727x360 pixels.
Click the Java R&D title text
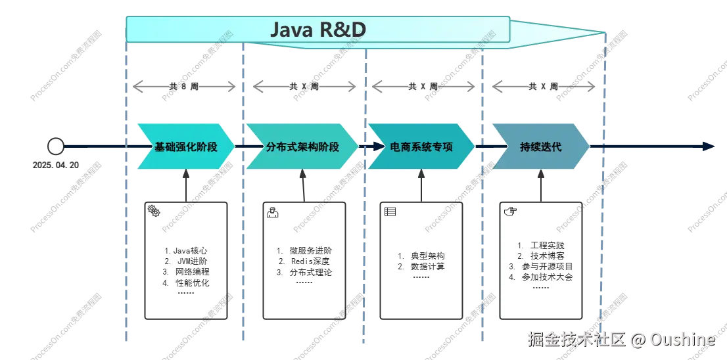pos(318,30)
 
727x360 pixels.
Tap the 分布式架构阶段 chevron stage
pos(302,146)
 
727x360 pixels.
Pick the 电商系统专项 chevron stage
pos(421,146)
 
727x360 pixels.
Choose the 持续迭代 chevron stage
pos(540,146)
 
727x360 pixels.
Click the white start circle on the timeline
pos(56,146)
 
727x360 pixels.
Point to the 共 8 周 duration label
pos(183,86)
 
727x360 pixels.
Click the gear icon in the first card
pos(154,211)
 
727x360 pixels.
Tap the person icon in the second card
pos(271,212)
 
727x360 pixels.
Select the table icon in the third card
pos(390,212)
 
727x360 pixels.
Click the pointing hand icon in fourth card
pos(510,211)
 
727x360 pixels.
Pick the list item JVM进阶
pos(187,261)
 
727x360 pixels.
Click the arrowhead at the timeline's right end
pos(708,146)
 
